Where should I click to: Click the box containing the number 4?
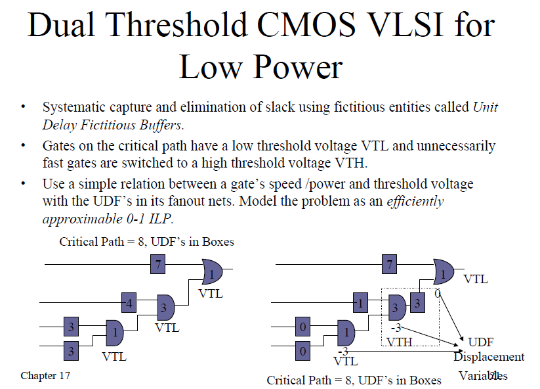click(x=129, y=304)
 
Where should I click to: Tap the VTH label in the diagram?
click(x=400, y=342)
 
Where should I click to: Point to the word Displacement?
click(x=489, y=357)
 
